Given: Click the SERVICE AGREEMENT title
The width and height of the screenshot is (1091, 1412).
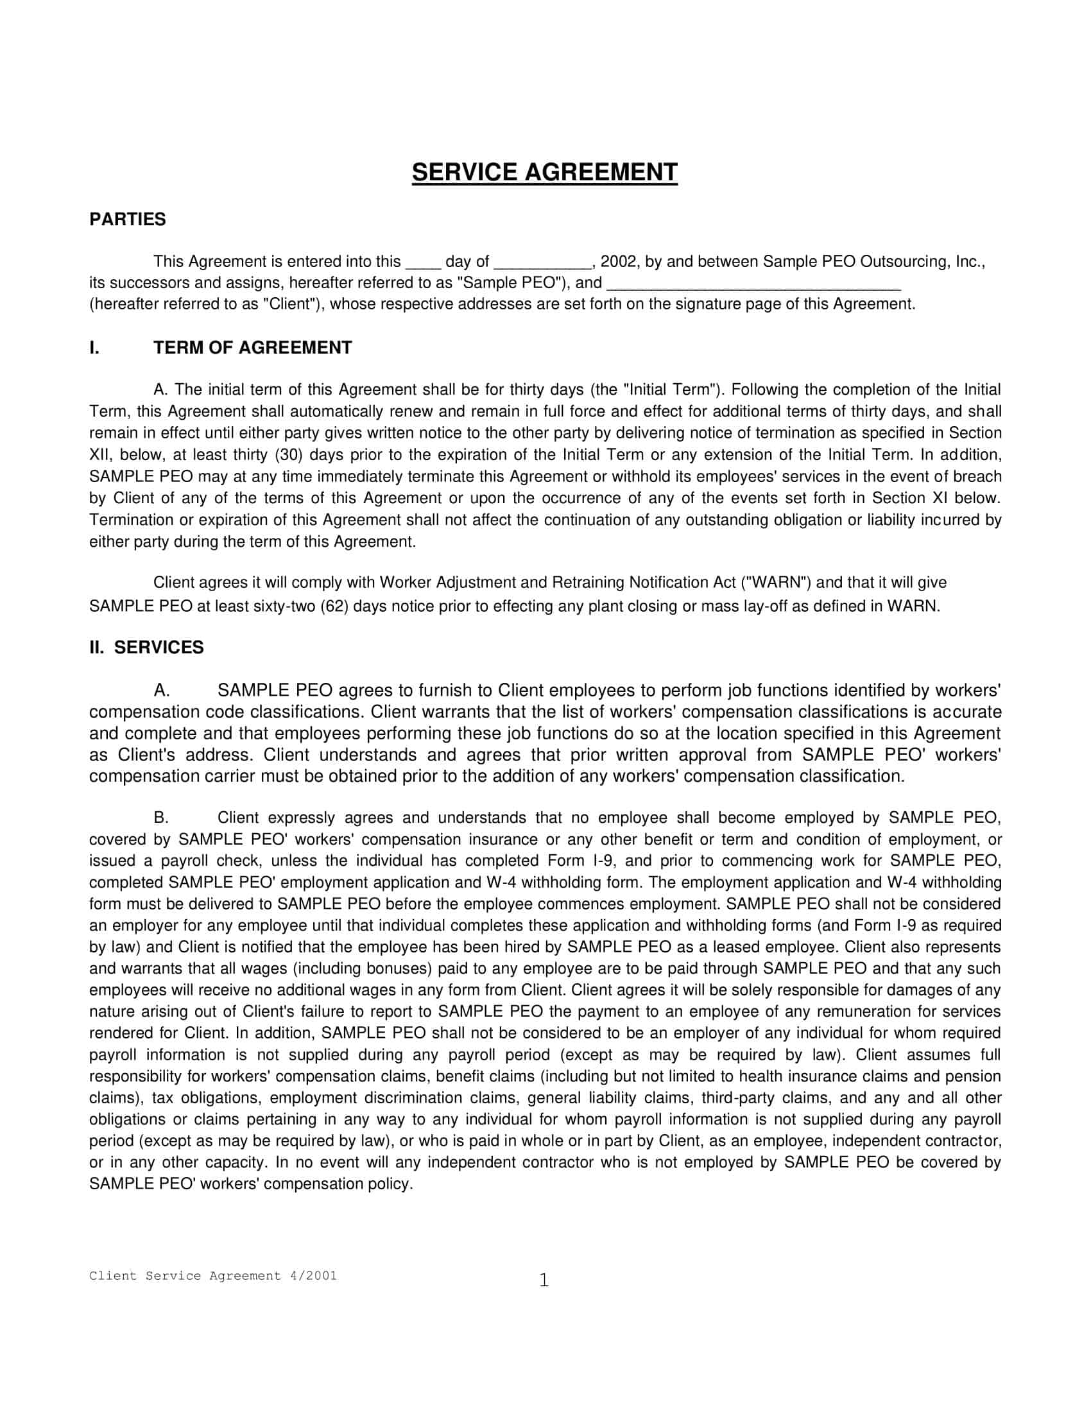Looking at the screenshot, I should tap(544, 173).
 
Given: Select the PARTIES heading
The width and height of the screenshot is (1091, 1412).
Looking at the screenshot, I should tap(127, 219).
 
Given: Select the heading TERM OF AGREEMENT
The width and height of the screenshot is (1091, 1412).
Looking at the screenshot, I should tap(252, 348).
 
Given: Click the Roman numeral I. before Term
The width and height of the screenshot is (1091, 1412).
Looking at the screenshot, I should tap(94, 348).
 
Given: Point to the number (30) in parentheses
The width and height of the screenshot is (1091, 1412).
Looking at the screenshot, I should tap(286, 454).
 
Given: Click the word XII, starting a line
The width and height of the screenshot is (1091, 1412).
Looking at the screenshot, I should tap(101, 454).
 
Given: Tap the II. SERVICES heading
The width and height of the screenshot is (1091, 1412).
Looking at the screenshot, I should tap(146, 647).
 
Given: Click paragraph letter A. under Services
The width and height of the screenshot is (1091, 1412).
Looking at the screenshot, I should tap(162, 691).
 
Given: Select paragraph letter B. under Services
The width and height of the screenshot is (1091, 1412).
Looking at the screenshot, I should tap(161, 818).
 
